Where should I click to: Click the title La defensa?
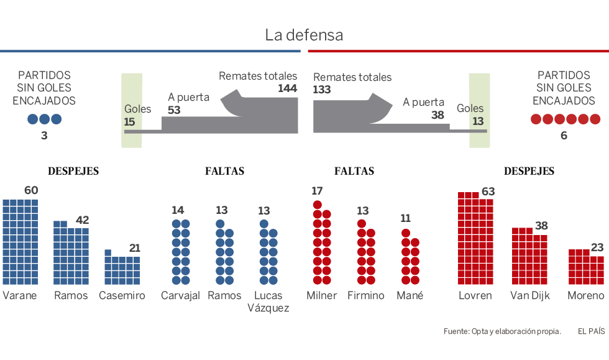(x=304, y=35)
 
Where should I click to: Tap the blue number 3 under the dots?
(x=44, y=135)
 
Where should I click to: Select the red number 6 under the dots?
(x=564, y=135)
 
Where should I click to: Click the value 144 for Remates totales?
(x=287, y=88)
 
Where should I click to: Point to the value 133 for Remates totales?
(x=322, y=90)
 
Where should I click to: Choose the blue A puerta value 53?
(x=174, y=109)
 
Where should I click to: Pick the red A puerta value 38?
(x=437, y=114)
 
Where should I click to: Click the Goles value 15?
(x=129, y=121)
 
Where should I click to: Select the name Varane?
(x=20, y=295)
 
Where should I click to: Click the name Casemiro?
(x=122, y=295)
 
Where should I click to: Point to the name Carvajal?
(x=180, y=295)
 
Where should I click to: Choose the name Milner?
(x=321, y=295)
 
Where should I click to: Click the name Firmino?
(x=366, y=295)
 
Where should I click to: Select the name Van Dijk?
(x=529, y=295)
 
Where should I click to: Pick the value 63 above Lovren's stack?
(x=488, y=192)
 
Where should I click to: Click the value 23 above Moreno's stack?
(x=597, y=247)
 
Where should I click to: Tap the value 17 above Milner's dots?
(x=317, y=191)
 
